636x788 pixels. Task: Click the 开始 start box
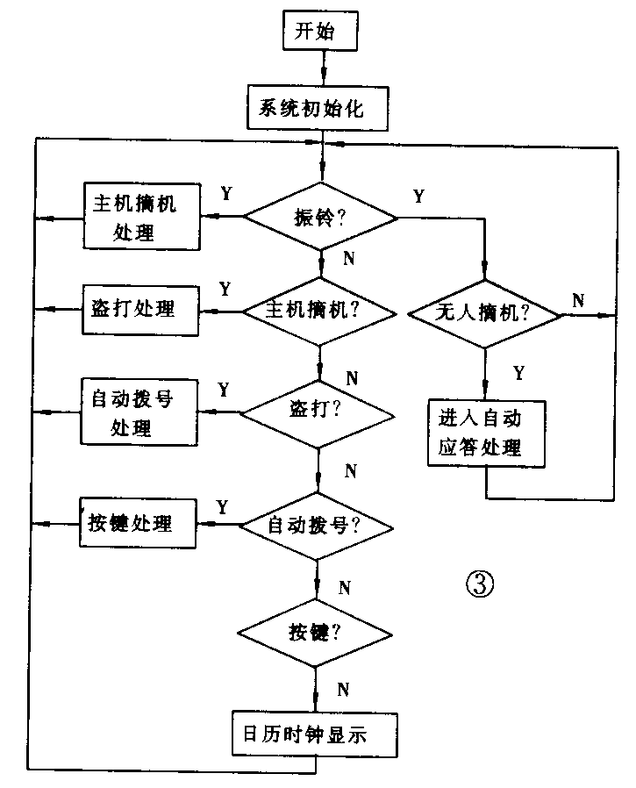[x=320, y=33]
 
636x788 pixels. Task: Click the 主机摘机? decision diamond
[x=318, y=309]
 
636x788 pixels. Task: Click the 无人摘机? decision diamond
[x=485, y=312]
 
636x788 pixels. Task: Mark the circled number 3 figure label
[x=478, y=584]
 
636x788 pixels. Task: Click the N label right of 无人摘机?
[x=579, y=300]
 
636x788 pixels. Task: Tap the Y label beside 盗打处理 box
[x=225, y=289]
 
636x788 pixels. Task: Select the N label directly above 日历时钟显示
[x=346, y=688]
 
